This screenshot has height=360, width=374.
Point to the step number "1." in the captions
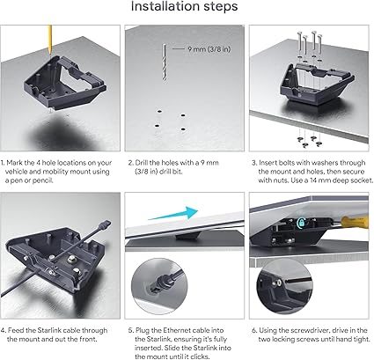(4, 163)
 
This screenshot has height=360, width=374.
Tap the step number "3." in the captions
(253, 163)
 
